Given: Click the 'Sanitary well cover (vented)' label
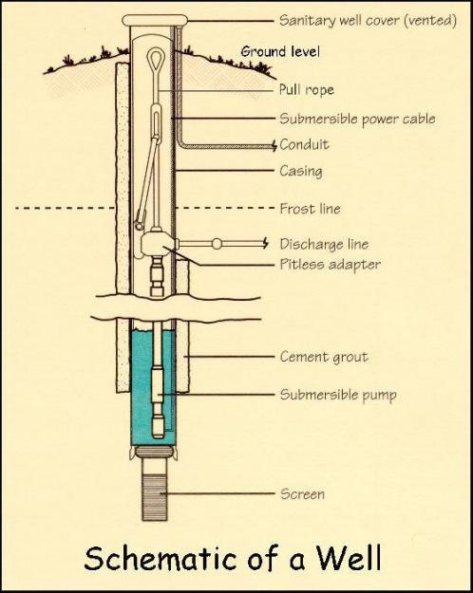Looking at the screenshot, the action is [x=369, y=20].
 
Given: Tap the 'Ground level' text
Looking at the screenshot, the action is [x=280, y=51].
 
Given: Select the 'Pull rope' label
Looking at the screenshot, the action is [x=307, y=90].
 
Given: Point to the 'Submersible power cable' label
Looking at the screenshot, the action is [x=357, y=119].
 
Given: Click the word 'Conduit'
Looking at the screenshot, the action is [x=305, y=144].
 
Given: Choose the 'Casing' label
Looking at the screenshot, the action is [x=301, y=171].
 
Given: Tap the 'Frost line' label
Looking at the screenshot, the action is [x=311, y=209].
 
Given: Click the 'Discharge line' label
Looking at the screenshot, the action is [x=324, y=244].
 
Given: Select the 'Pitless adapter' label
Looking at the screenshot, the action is [x=331, y=264].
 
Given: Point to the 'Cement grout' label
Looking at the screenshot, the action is [x=324, y=357].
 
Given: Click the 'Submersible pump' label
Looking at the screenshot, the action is [x=338, y=395].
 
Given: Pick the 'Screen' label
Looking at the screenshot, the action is [x=303, y=494].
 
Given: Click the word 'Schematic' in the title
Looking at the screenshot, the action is [x=161, y=559].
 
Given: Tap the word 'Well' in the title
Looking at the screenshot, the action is [x=349, y=558].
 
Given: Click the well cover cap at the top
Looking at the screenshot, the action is [x=155, y=20].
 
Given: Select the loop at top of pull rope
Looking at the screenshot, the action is [x=155, y=57].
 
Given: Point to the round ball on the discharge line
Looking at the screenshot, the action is [x=217, y=244].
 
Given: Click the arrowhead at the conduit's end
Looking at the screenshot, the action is [x=274, y=145].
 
